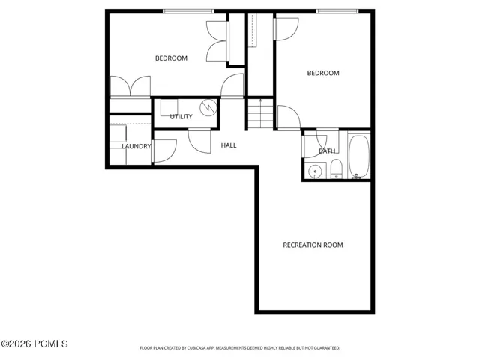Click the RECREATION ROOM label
pyautogui.click(x=313, y=245)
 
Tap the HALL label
pyautogui.click(x=229, y=145)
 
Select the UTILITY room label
pyautogui.click(x=181, y=117)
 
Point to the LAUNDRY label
pyautogui.click(x=136, y=147)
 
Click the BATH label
pyautogui.click(x=327, y=151)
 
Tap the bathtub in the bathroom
pyautogui.click(x=358, y=157)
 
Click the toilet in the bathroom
pyautogui.click(x=336, y=169)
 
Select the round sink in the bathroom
pyautogui.click(x=314, y=172)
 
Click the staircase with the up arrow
pyautogui.click(x=260, y=113)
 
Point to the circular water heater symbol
pyautogui.click(x=208, y=107)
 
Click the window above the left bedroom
pyautogui.click(x=188, y=11)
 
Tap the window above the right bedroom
pyautogui.click(x=337, y=11)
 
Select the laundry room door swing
pyautogui.click(x=164, y=151)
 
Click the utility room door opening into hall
pyautogui.click(x=199, y=142)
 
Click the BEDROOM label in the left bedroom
pyautogui.click(x=171, y=58)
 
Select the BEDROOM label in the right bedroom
pyautogui.click(x=323, y=73)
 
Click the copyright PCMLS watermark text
pyautogui.click(x=34, y=343)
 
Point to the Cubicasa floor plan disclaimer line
pyautogui.click(x=240, y=348)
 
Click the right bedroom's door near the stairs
pyautogui.click(x=289, y=117)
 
